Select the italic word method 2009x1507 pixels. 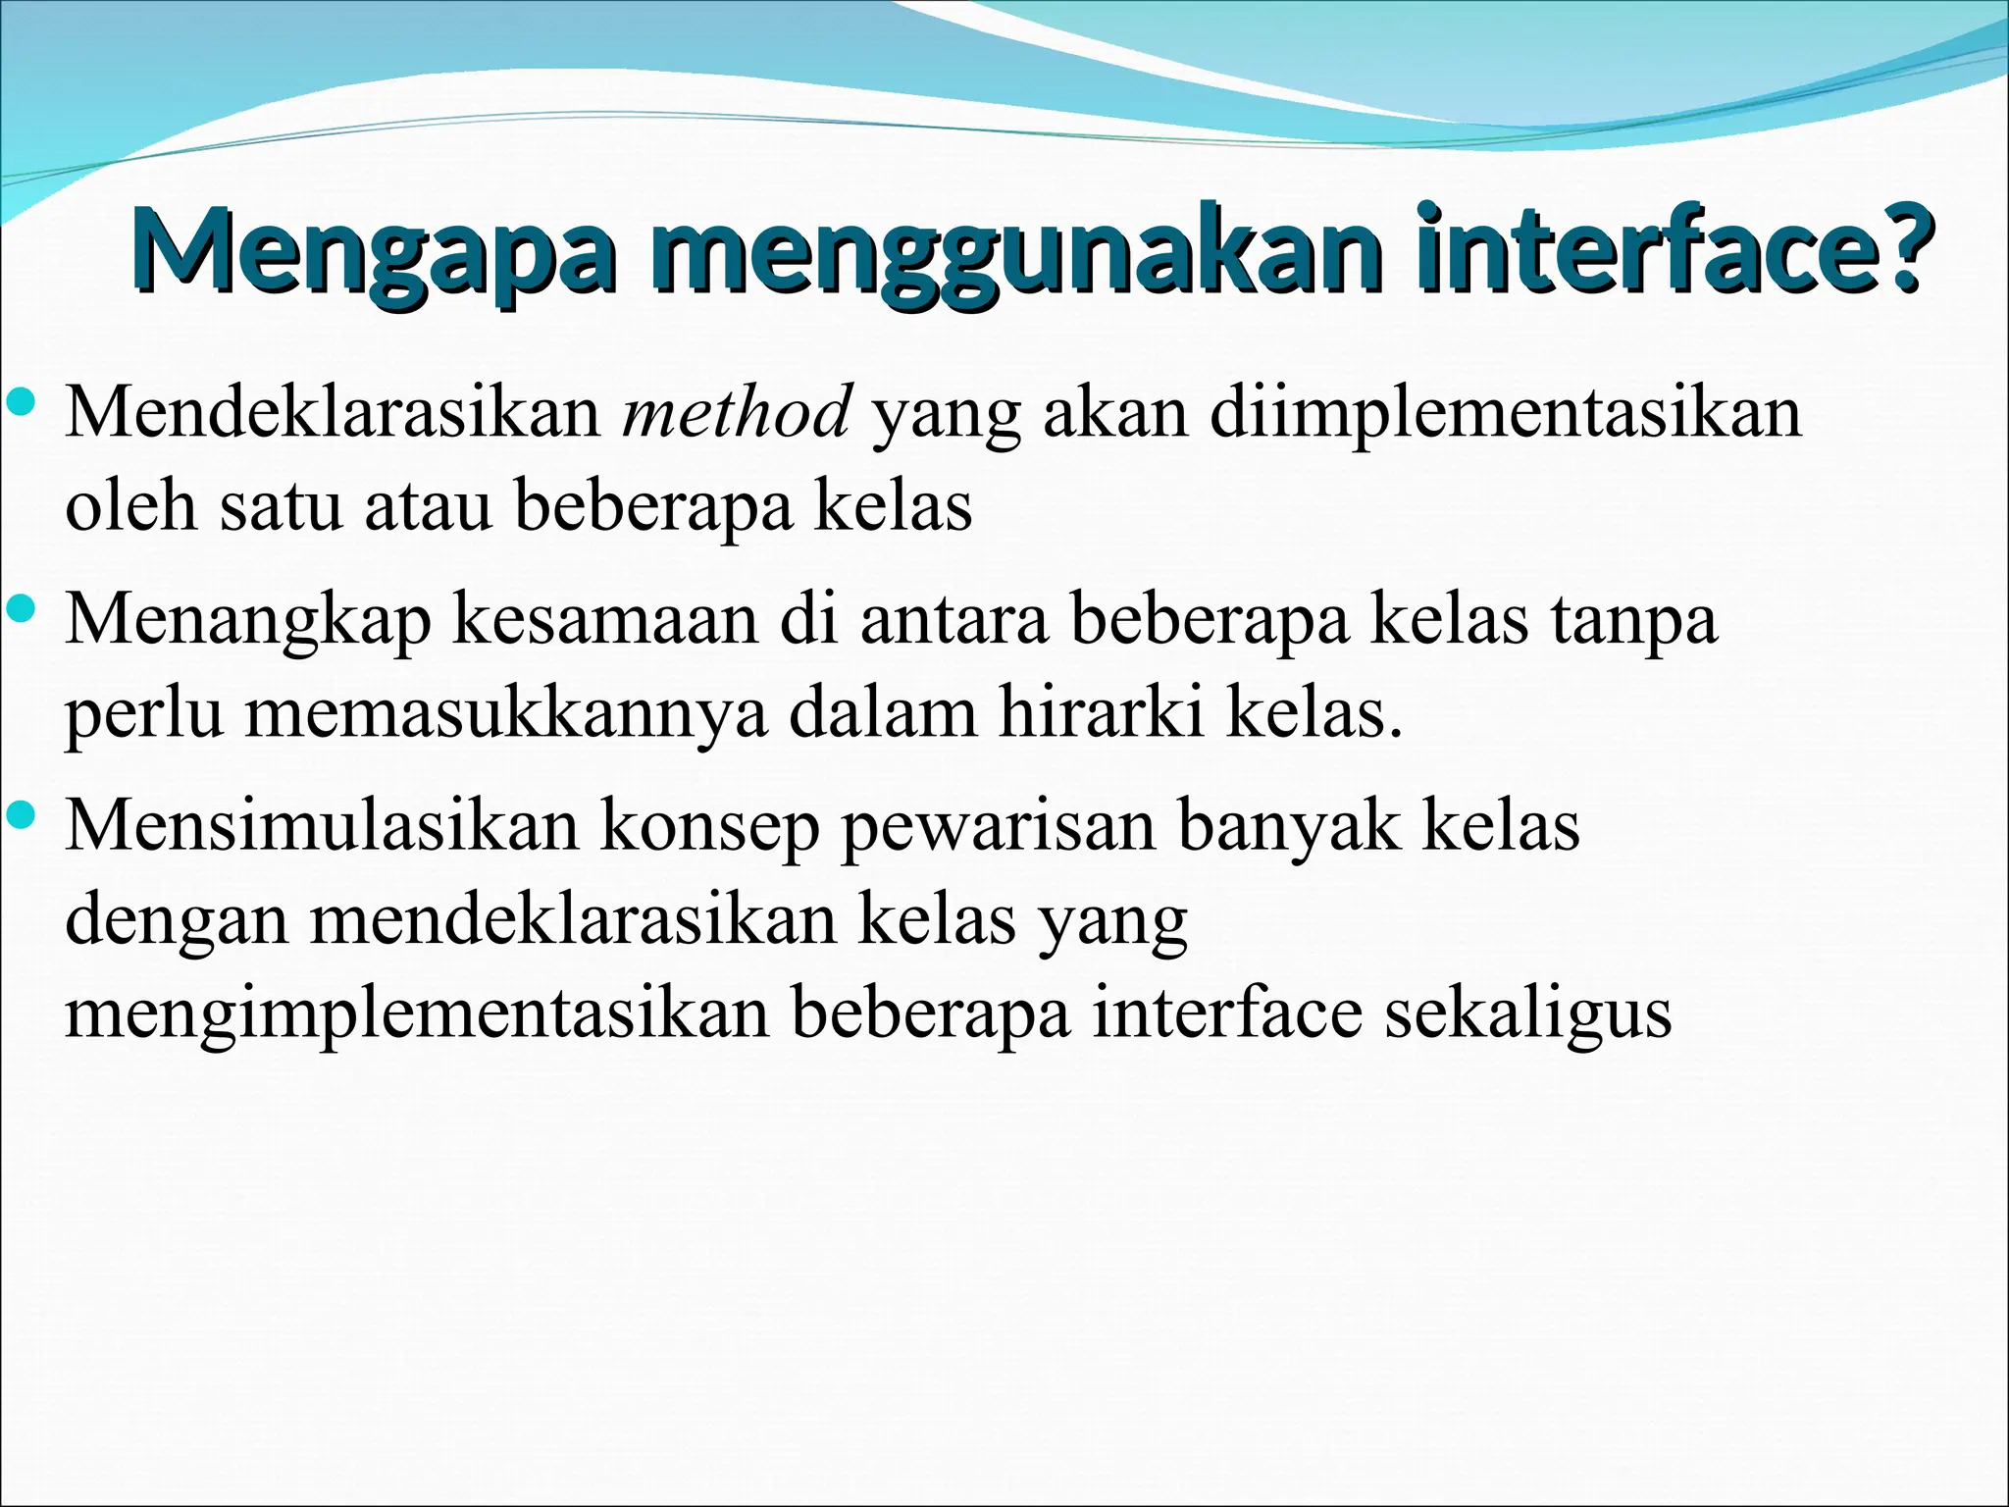pyautogui.click(x=736, y=413)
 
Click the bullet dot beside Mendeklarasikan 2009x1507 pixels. pyautogui.click(x=21, y=401)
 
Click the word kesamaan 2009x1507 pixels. pyautogui.click(x=604, y=620)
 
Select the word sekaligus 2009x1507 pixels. pyautogui.click(x=1527, y=1013)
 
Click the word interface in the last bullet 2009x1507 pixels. pyautogui.click(x=1227, y=1013)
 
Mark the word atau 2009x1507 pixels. pyautogui.click(x=428, y=507)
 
